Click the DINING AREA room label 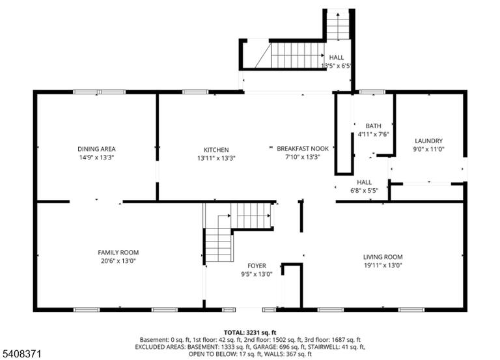point(96,149)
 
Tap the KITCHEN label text point(216,150)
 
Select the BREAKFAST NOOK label point(303,148)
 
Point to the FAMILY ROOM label point(118,253)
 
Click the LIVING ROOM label point(383,257)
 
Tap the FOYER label point(257,266)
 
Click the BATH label point(374,126)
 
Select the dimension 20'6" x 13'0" point(118,261)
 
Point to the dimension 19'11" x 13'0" point(383,266)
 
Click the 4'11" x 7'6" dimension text point(374,134)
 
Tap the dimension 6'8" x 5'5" point(364,191)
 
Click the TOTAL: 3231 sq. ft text point(250,333)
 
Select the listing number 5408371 point(22,353)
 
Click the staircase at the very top point(338,25)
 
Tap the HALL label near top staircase point(337,57)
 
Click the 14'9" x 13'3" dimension point(96,157)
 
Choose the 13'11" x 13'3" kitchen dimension point(216,158)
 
